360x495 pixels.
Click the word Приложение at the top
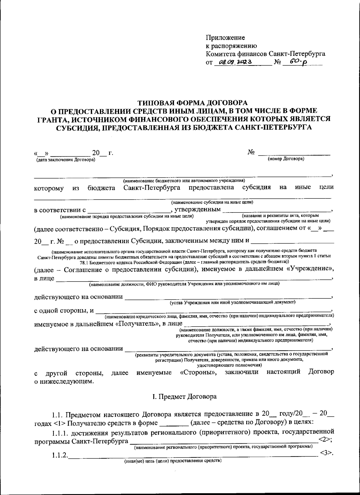pos(225,38)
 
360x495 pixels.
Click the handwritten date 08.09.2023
pos(235,62)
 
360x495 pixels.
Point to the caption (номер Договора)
pos(286,159)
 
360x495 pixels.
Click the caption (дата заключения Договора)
pos(65,160)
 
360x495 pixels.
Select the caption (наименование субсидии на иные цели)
pos(212,202)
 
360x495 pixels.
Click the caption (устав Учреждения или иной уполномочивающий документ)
pos(232,302)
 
